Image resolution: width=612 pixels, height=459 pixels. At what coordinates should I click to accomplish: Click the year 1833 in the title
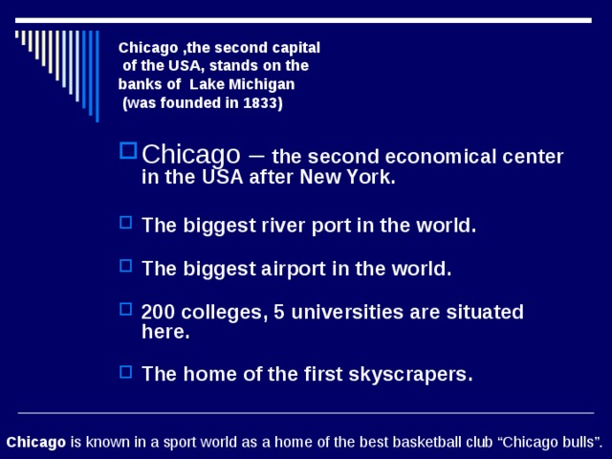click(x=260, y=103)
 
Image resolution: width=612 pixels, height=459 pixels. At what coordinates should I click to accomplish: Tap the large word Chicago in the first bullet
click(x=190, y=154)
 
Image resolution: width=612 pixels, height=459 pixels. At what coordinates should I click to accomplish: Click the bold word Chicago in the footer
click(x=36, y=442)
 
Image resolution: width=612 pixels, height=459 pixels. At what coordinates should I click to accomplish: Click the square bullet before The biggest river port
click(x=125, y=224)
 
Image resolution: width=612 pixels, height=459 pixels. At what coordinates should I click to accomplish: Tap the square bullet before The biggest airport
click(x=125, y=267)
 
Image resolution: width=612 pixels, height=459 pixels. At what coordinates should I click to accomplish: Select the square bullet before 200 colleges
click(x=125, y=310)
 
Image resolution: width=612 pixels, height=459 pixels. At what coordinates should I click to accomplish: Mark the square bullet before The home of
click(x=125, y=372)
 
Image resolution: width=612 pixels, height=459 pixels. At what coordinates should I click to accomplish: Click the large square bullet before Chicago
click(x=128, y=151)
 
